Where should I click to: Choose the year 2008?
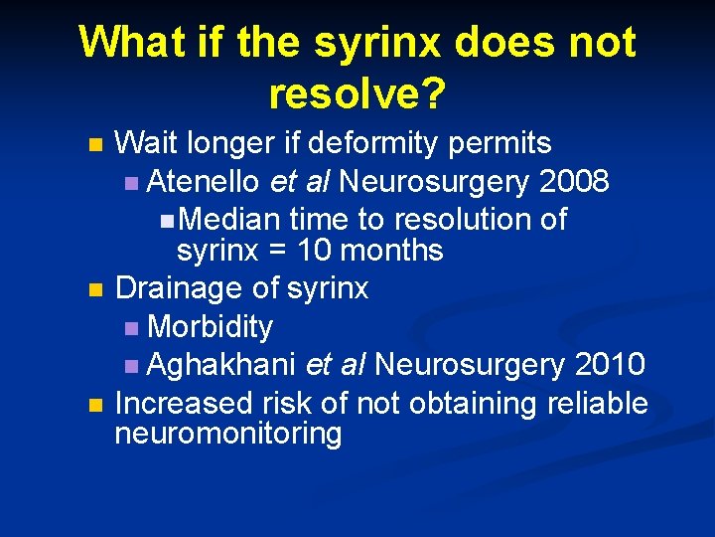(x=574, y=182)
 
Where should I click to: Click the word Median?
(x=233, y=219)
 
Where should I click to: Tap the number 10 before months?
(x=294, y=251)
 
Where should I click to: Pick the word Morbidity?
(x=210, y=326)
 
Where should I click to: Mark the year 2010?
(x=610, y=365)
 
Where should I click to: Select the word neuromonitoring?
(x=228, y=435)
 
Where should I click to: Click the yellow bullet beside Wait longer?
(x=94, y=145)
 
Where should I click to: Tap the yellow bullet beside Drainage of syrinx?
(x=94, y=290)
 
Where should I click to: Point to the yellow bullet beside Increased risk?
(x=94, y=405)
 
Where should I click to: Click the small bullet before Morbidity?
(x=133, y=328)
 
